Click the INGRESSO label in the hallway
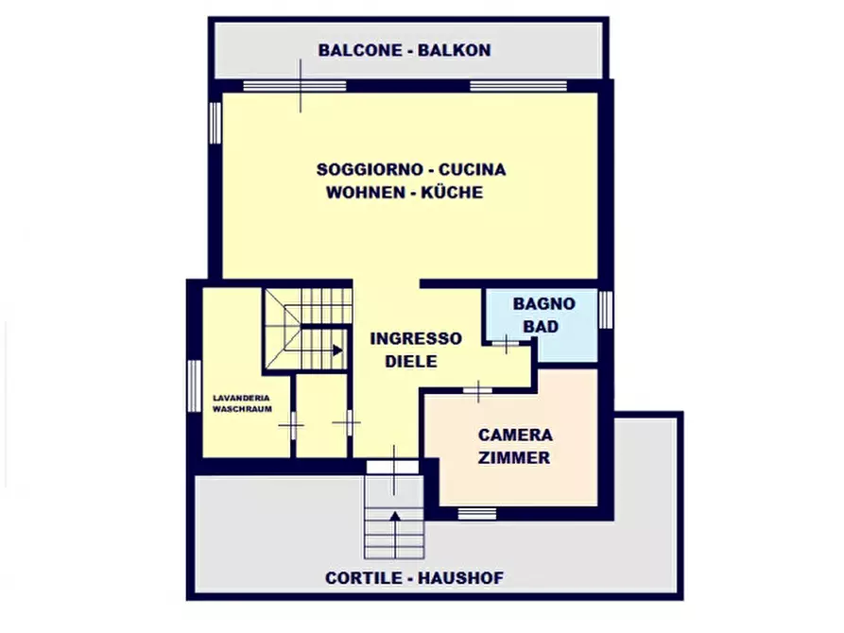coord(416,338)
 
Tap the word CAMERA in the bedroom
coord(515,436)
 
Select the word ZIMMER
coord(514,458)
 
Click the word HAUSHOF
coord(460,578)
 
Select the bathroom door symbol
coord(507,344)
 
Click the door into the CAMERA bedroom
coord(478,389)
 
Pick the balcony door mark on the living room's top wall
coord(301,85)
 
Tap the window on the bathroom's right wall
coord(606,310)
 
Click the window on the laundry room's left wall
coord(193,386)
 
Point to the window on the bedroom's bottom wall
coord(477,514)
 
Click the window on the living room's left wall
coord(215,123)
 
